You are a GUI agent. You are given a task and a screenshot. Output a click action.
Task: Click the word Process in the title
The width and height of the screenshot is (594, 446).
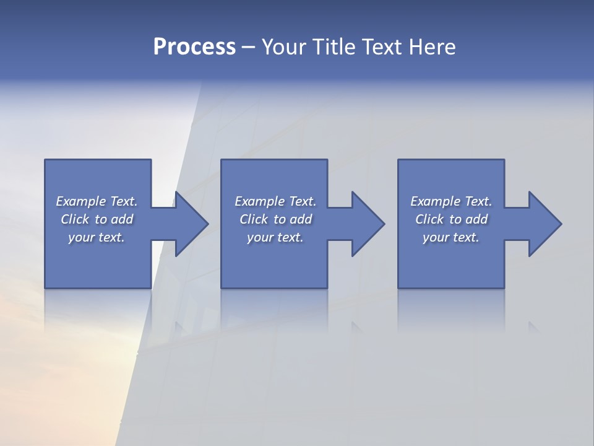point(194,47)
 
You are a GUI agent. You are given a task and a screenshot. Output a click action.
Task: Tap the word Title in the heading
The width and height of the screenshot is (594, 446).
point(334,47)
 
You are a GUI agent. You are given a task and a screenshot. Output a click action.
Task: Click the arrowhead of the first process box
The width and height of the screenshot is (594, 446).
point(191,224)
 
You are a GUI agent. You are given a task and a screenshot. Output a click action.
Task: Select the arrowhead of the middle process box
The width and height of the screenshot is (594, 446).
point(367,224)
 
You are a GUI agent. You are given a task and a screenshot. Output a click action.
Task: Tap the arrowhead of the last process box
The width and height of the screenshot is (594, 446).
point(544,224)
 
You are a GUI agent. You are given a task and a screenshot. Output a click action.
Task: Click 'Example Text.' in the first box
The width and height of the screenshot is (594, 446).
point(97,201)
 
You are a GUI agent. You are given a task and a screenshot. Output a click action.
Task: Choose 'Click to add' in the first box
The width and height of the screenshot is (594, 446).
point(97,219)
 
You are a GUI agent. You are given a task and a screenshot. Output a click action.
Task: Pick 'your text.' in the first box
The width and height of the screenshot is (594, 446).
point(97,237)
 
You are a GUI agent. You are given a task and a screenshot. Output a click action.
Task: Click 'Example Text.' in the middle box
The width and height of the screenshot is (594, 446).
point(275,201)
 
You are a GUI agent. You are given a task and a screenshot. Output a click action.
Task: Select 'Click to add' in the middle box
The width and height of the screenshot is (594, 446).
point(275,219)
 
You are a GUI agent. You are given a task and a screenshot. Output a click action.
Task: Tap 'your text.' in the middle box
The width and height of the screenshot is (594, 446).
point(275,237)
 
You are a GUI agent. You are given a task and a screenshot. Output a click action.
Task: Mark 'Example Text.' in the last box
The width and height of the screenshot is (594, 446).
point(451,201)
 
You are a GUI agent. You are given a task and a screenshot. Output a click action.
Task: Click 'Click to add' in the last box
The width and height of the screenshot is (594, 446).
point(451,219)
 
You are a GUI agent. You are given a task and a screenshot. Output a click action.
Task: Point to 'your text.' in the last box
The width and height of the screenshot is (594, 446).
point(450,237)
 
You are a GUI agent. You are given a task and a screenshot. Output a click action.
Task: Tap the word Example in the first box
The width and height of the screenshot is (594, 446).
point(81,201)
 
